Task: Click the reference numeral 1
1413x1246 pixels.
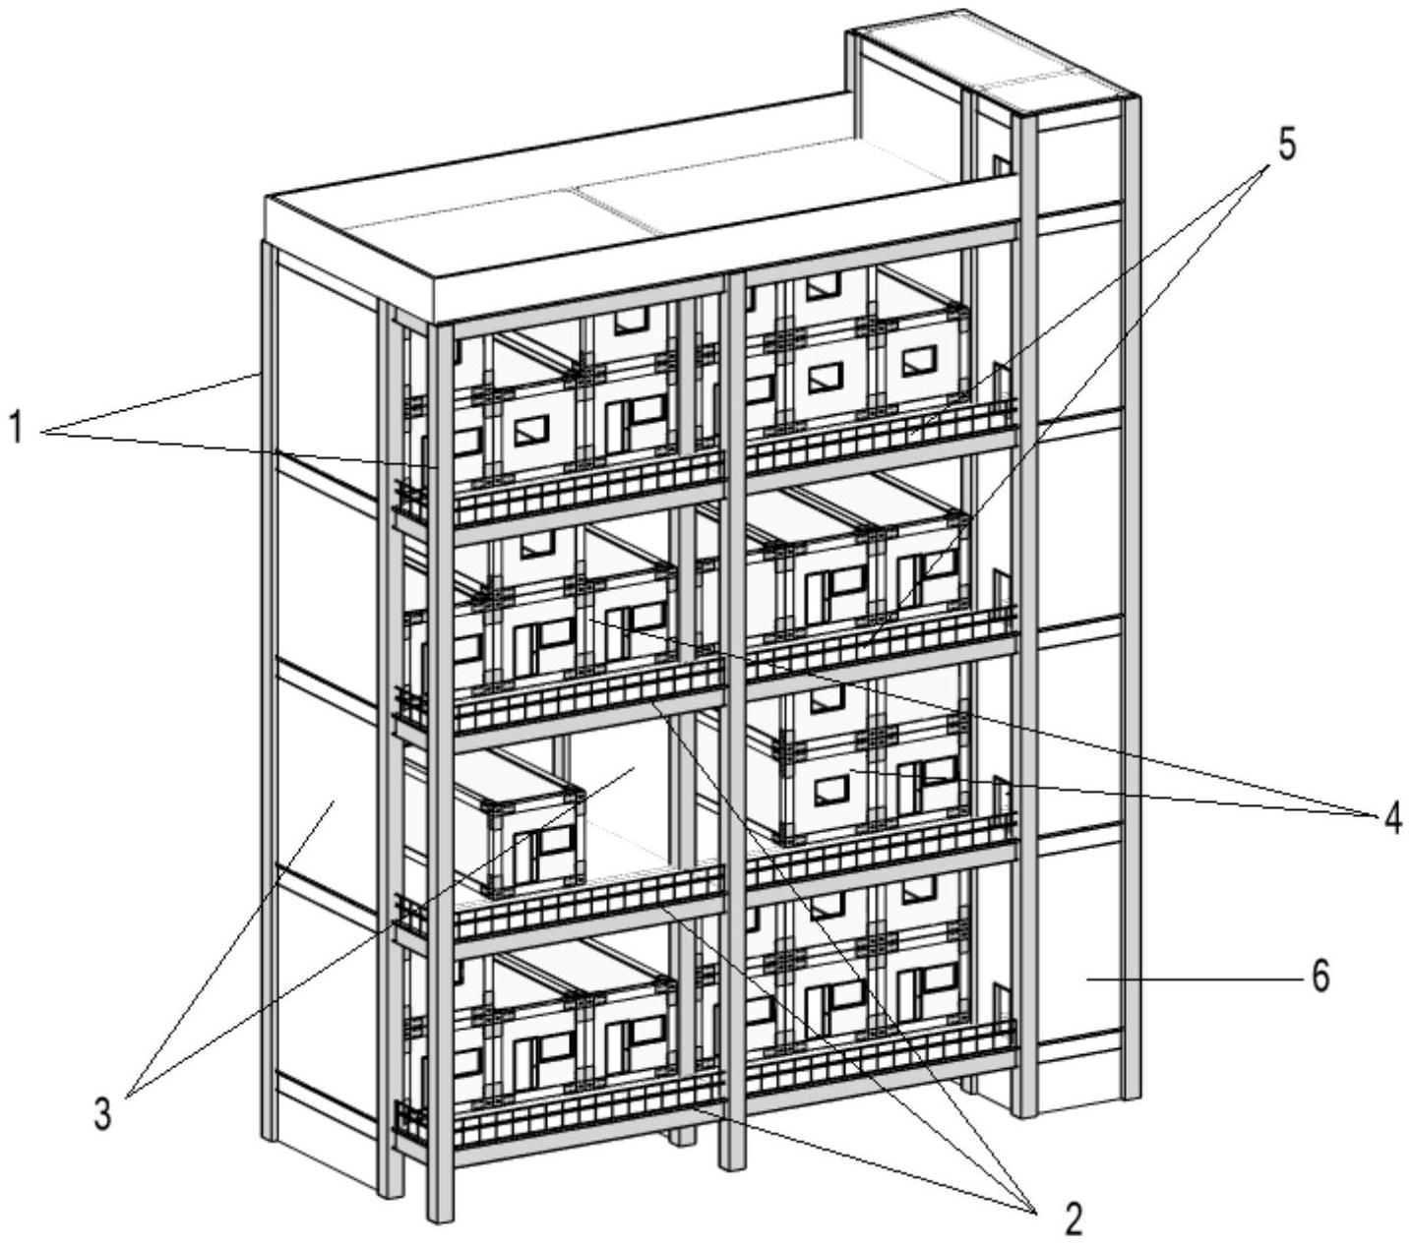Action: click(16, 429)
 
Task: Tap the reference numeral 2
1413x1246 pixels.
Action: click(1071, 1219)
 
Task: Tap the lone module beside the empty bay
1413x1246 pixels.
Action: click(522, 826)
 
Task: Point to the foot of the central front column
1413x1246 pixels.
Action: click(733, 1160)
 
